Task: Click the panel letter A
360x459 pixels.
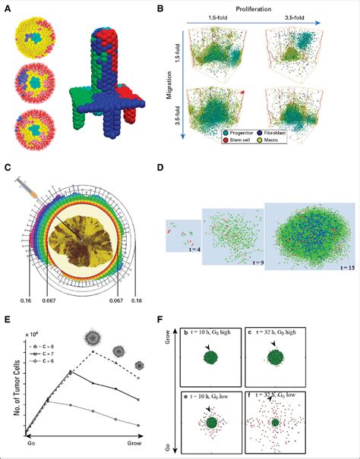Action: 8,6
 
